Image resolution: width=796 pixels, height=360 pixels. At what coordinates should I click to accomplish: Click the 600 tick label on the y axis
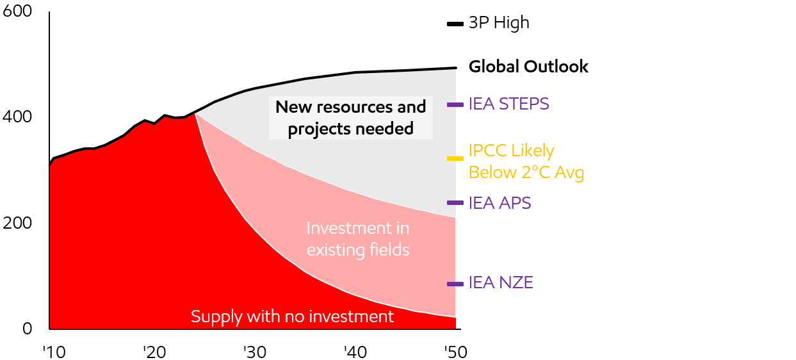pos(17,11)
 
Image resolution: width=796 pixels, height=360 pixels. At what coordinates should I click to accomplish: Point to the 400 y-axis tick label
pos(17,117)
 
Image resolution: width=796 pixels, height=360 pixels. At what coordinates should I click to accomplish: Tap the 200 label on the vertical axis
pos(17,223)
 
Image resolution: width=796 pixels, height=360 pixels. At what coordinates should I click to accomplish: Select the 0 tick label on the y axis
pos(28,329)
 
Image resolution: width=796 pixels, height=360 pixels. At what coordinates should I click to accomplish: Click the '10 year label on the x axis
pos(54,352)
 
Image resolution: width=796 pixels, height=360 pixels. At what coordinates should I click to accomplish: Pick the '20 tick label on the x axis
pos(154,352)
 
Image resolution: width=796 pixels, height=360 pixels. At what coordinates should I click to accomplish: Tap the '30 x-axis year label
pos(255,352)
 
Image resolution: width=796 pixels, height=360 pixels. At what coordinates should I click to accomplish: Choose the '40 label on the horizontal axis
pos(355,352)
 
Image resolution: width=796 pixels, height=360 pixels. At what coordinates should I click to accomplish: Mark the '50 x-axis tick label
pos(455,352)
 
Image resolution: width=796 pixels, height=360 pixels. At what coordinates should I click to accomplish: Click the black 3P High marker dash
pos(455,24)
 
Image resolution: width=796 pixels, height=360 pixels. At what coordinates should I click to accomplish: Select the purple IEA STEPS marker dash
pos(455,105)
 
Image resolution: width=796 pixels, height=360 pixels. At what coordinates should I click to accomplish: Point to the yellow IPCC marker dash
pos(455,158)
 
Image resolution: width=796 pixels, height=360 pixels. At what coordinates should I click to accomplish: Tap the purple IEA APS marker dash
pos(455,203)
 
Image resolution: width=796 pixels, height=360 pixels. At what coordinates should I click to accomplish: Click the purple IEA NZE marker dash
pos(455,284)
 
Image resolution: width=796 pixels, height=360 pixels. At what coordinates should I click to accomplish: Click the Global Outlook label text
pos(528,67)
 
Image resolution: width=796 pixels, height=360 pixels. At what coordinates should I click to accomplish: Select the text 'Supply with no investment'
pos(292,316)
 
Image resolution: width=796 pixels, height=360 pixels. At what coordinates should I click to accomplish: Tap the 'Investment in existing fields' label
pos(358,239)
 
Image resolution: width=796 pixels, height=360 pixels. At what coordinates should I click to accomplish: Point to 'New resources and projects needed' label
pos(351,118)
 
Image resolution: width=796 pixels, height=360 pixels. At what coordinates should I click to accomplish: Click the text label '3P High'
pos(499,23)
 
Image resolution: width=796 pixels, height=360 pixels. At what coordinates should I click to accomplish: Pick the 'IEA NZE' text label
pos(501,282)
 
